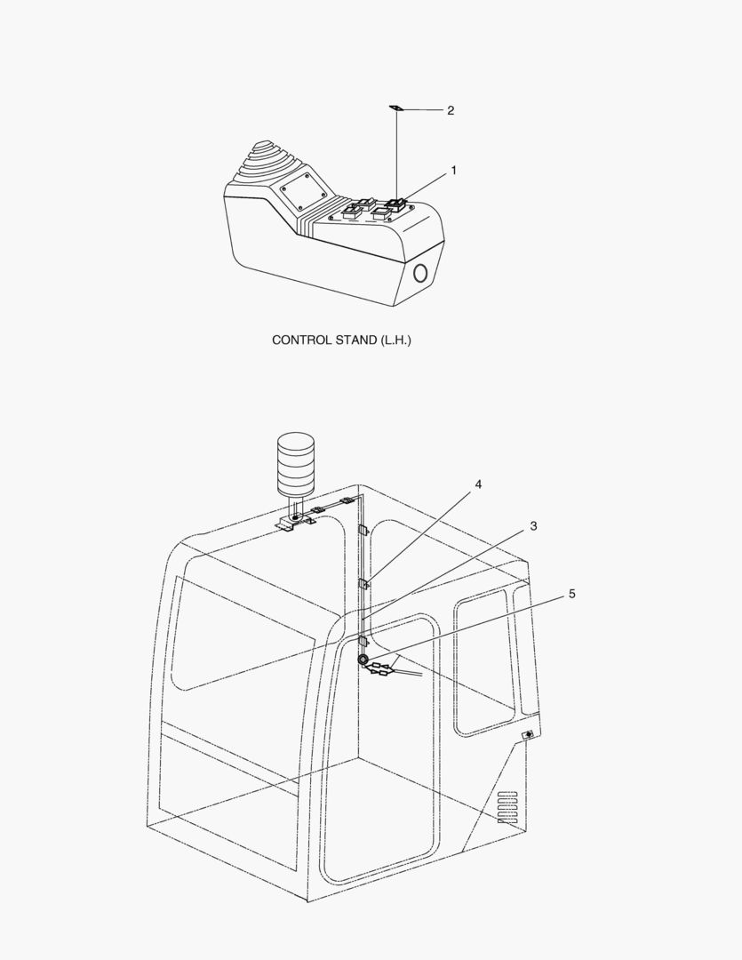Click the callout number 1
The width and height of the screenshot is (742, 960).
(x=454, y=170)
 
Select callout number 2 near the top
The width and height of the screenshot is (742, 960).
(x=451, y=110)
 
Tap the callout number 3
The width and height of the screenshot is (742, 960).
(x=533, y=526)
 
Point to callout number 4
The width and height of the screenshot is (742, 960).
(x=478, y=484)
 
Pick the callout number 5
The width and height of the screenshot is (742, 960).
(x=571, y=594)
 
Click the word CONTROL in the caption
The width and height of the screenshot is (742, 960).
(x=302, y=340)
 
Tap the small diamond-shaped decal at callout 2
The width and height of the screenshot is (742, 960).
(x=396, y=108)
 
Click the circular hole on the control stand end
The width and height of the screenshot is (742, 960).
(x=420, y=273)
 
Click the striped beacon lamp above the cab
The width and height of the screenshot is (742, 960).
(x=296, y=464)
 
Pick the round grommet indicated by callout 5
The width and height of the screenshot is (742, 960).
(x=363, y=660)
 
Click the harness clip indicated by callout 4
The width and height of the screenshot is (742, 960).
(x=363, y=583)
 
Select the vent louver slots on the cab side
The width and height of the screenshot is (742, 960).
(x=507, y=807)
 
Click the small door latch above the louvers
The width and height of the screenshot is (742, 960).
(x=528, y=735)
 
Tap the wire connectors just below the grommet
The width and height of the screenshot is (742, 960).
(x=379, y=669)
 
